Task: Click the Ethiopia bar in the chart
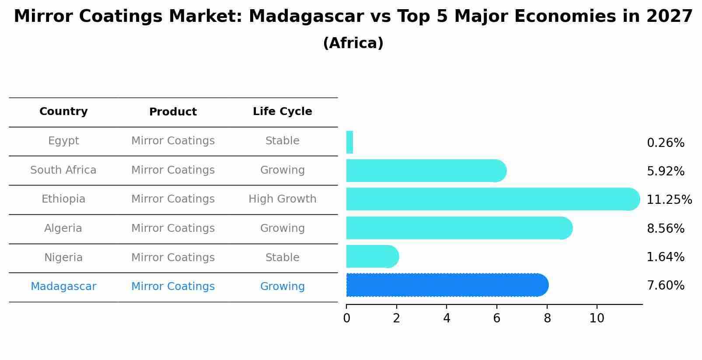(492, 199)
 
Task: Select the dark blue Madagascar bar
(446, 285)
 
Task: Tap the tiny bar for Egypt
(349, 142)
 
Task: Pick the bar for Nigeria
(372, 256)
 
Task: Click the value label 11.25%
(669, 200)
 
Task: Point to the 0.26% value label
(665, 143)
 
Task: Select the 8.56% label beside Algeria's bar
(665, 229)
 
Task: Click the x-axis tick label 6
(496, 318)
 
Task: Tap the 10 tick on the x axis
(597, 318)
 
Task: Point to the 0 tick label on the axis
(346, 318)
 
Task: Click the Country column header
(63, 112)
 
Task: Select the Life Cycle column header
(282, 112)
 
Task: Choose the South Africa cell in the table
(63, 170)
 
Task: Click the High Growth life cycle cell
(282, 199)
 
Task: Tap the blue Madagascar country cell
(63, 287)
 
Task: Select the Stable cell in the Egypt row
(282, 141)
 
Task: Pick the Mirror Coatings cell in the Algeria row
(173, 228)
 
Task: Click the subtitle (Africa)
(353, 43)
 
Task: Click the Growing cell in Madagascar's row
(282, 287)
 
